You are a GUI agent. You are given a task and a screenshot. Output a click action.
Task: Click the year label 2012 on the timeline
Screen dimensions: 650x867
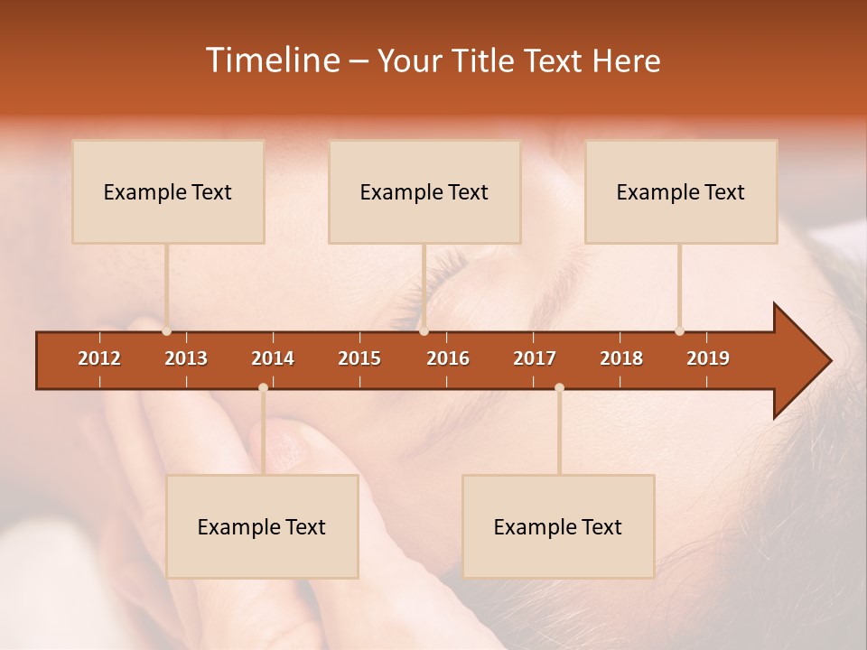click(99, 358)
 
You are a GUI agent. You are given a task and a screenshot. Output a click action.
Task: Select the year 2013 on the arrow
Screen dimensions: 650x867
click(186, 358)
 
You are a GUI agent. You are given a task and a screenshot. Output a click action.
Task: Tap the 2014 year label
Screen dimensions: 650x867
click(273, 358)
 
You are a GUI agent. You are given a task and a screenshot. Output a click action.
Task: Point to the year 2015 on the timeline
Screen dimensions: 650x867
click(359, 358)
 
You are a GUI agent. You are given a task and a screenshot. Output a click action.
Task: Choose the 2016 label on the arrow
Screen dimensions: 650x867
click(448, 358)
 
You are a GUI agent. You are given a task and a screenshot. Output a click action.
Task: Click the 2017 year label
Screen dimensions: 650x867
click(535, 358)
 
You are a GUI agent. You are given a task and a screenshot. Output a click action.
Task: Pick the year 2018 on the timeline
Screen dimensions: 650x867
click(621, 358)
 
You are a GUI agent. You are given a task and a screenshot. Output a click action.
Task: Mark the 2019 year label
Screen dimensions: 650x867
click(708, 358)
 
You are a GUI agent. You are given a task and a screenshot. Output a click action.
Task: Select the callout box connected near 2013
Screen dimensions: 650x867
click(168, 191)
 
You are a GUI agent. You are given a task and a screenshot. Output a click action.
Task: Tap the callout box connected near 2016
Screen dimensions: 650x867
click(424, 191)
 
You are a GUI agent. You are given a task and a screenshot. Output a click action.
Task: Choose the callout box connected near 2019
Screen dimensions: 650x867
click(681, 191)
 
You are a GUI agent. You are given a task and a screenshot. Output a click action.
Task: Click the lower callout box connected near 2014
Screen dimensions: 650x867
click(262, 526)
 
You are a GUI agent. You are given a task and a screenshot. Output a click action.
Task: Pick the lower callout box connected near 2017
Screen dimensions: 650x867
click(558, 526)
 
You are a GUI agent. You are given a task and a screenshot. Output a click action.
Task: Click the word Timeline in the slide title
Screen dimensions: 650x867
click(272, 60)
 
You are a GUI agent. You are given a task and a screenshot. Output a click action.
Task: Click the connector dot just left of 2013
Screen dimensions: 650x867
click(167, 331)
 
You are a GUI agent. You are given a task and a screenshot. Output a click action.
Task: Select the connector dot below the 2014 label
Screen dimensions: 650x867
click(263, 387)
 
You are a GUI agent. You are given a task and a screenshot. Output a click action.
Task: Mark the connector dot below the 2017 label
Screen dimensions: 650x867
click(559, 387)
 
